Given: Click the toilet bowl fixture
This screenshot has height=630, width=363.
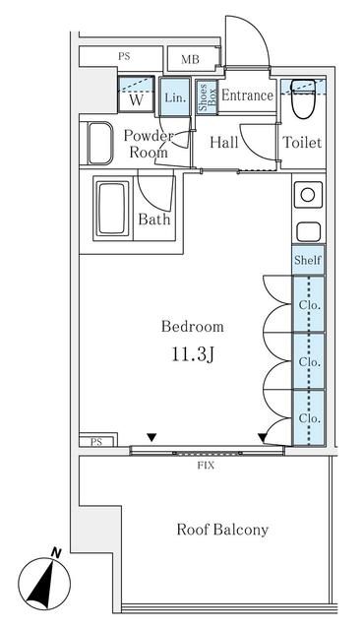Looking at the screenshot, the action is coord(303,98).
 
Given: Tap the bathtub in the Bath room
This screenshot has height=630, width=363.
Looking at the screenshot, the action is coord(111,208).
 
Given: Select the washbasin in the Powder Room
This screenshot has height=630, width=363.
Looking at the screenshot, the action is coord(100,144).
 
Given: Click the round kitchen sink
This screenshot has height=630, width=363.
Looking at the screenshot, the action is coord(308,195).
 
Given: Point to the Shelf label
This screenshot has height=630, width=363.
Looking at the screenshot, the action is coord(308,260).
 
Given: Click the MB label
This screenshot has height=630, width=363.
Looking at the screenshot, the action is coord(190,59).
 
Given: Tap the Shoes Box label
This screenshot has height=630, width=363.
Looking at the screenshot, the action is coord(208,97).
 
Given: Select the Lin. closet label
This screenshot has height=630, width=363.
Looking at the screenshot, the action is coord(175,97).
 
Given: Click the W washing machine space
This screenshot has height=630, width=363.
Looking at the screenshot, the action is coord(136,94).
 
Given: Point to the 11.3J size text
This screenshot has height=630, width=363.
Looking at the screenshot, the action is coord(193,354).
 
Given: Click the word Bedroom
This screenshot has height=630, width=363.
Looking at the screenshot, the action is coord(193,326).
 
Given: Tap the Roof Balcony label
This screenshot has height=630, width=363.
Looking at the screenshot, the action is coord(222,530).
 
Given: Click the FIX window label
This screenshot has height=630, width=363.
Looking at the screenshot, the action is coord(206,466).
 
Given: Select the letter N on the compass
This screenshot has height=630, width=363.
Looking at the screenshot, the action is coord(56,553).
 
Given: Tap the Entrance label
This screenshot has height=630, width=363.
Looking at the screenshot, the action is coord(247,95).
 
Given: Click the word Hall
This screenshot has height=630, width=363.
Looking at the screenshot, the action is coord(224,142).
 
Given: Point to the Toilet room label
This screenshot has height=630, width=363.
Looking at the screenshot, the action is coord(302,142).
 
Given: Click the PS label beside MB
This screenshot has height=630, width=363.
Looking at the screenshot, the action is coord(125,56).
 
